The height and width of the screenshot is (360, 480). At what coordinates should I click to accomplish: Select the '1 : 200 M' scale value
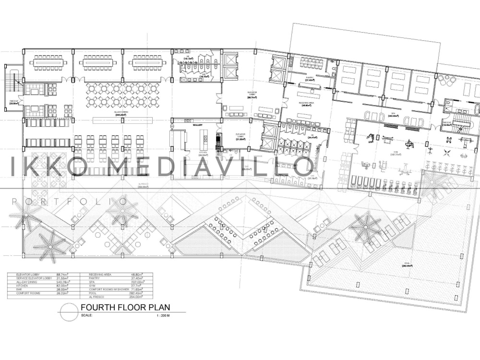pyautogui.click(x=164, y=316)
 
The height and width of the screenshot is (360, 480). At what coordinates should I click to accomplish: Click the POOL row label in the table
pyautogui.click(x=93, y=293)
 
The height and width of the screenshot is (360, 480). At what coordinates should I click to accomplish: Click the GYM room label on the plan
pyautogui.click(x=383, y=152)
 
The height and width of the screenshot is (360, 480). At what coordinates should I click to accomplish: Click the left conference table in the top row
pyautogui.click(x=47, y=62)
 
